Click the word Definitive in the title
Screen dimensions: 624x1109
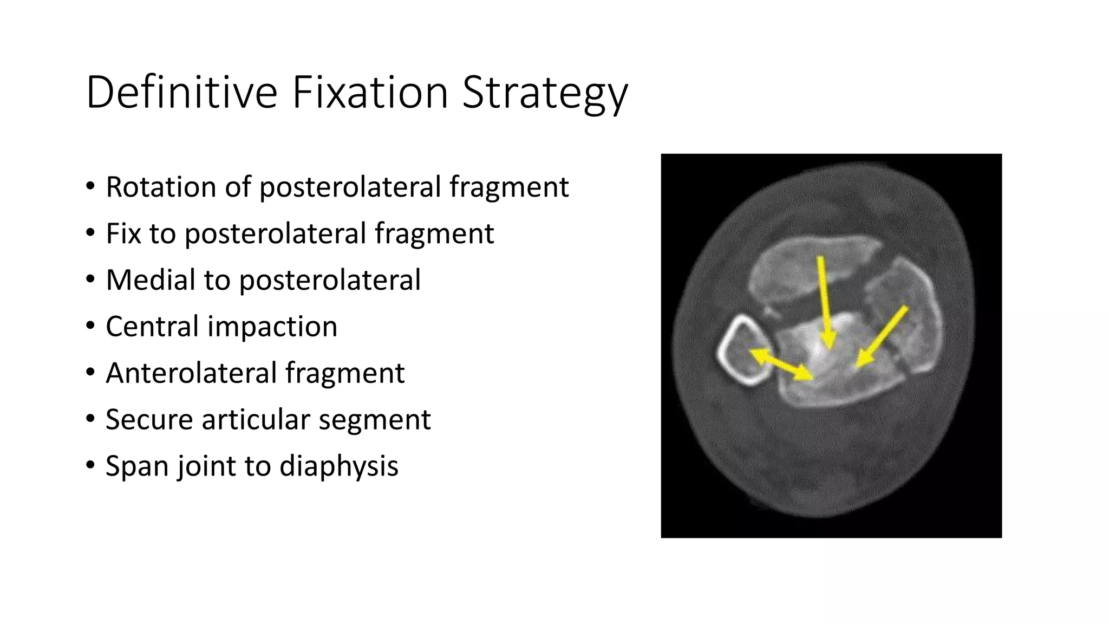(181, 92)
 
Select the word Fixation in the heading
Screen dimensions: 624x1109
(370, 92)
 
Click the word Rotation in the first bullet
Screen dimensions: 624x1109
(161, 187)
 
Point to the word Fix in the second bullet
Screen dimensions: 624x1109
(123, 233)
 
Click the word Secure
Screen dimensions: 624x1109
(149, 420)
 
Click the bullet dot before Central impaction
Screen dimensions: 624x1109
(90, 327)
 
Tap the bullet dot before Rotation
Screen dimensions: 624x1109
(90, 187)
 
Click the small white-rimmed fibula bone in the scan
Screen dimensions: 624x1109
(744, 351)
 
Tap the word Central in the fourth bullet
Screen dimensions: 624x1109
(152, 327)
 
